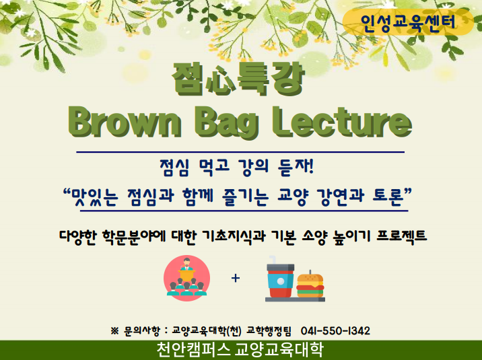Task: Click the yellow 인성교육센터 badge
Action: [408, 22]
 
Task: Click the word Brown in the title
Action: [125, 122]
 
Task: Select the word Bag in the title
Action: [226, 124]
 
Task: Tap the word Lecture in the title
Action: [342, 122]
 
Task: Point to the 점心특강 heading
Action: [238, 79]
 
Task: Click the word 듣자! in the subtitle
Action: [296, 167]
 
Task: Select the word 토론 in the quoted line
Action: [388, 195]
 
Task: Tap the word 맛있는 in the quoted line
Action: [95, 196]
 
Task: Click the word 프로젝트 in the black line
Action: [401, 236]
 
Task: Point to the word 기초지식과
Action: [234, 236]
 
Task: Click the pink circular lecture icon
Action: [187, 278]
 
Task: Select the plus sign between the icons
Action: [236, 278]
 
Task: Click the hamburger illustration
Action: [310, 285]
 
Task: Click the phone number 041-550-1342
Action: [335, 331]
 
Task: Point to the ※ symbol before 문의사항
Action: [114, 331]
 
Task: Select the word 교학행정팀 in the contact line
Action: [269, 331]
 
